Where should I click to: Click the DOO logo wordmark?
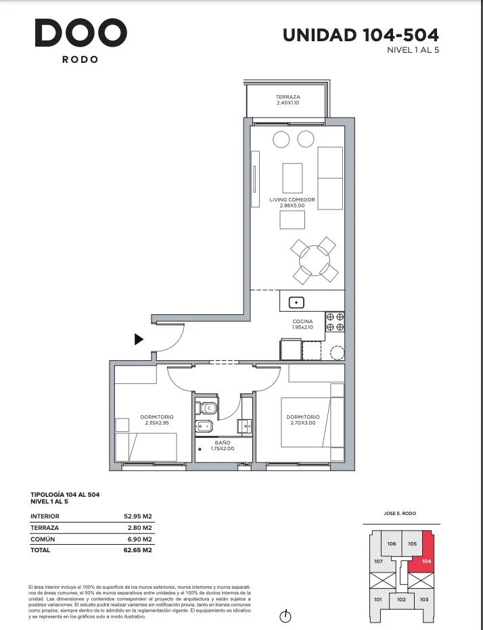(80, 32)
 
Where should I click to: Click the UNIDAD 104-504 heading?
(361, 35)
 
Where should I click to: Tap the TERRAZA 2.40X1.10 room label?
(288, 99)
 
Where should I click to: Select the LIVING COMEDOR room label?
(292, 203)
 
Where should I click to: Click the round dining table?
(315, 260)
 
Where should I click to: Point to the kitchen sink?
(296, 302)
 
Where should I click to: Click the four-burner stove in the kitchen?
(335, 322)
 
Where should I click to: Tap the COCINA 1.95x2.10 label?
(302, 324)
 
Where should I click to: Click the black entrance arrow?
(139, 339)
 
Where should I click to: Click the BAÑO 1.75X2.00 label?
(223, 445)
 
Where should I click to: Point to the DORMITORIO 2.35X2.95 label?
(157, 420)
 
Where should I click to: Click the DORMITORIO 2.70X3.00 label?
(303, 420)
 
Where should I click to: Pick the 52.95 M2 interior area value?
(138, 516)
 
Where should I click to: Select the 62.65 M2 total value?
(138, 550)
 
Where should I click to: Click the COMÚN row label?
(43, 539)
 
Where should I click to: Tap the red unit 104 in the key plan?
(424, 556)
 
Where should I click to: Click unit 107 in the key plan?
(378, 561)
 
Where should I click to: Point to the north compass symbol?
(285, 616)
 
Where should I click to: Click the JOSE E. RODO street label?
(400, 514)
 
